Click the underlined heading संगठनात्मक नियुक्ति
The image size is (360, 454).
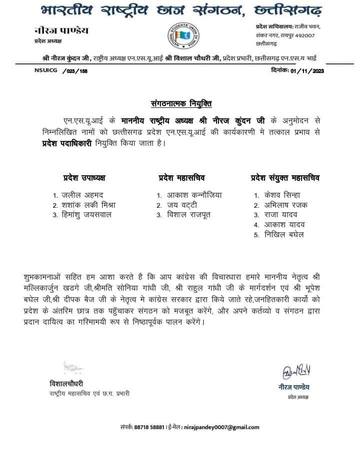(181, 103)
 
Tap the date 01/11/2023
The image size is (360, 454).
(300, 71)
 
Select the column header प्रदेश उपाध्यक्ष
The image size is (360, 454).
(84, 178)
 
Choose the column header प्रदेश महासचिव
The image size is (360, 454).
(182, 178)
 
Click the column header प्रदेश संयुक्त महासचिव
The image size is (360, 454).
(285, 178)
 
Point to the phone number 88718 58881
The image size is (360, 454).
(150, 428)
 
